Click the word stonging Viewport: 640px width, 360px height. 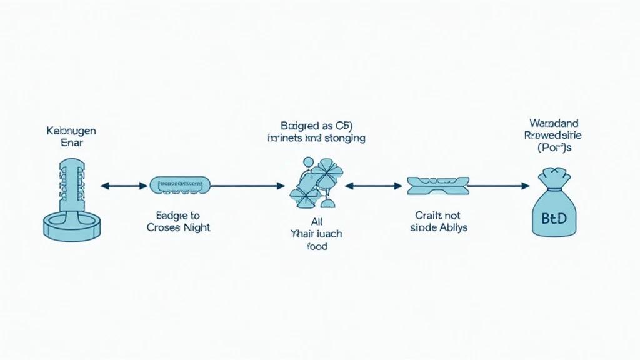click(342, 137)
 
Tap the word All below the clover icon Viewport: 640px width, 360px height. click(316, 222)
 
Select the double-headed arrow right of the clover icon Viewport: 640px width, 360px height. click(373, 185)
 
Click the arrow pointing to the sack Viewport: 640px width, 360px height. click(497, 185)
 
